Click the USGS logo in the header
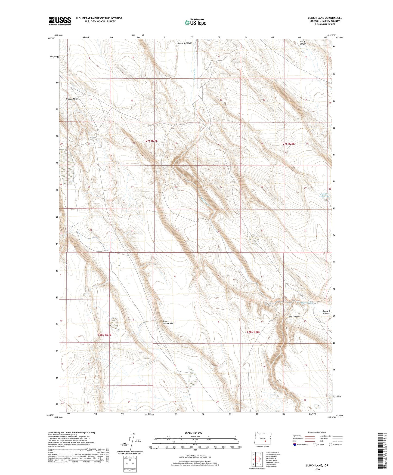(x=60, y=21)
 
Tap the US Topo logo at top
(x=195, y=22)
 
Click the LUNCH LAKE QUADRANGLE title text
(x=325, y=18)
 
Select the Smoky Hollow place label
(x=72, y=99)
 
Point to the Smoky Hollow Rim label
(x=168, y=322)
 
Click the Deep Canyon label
(x=293, y=316)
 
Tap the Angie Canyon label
(x=302, y=42)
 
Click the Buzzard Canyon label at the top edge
(x=185, y=43)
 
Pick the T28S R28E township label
(x=253, y=332)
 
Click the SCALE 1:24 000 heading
(x=193, y=433)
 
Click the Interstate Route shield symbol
(x=295, y=445)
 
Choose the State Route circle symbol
(x=331, y=445)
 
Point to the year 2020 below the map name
(x=317, y=469)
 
